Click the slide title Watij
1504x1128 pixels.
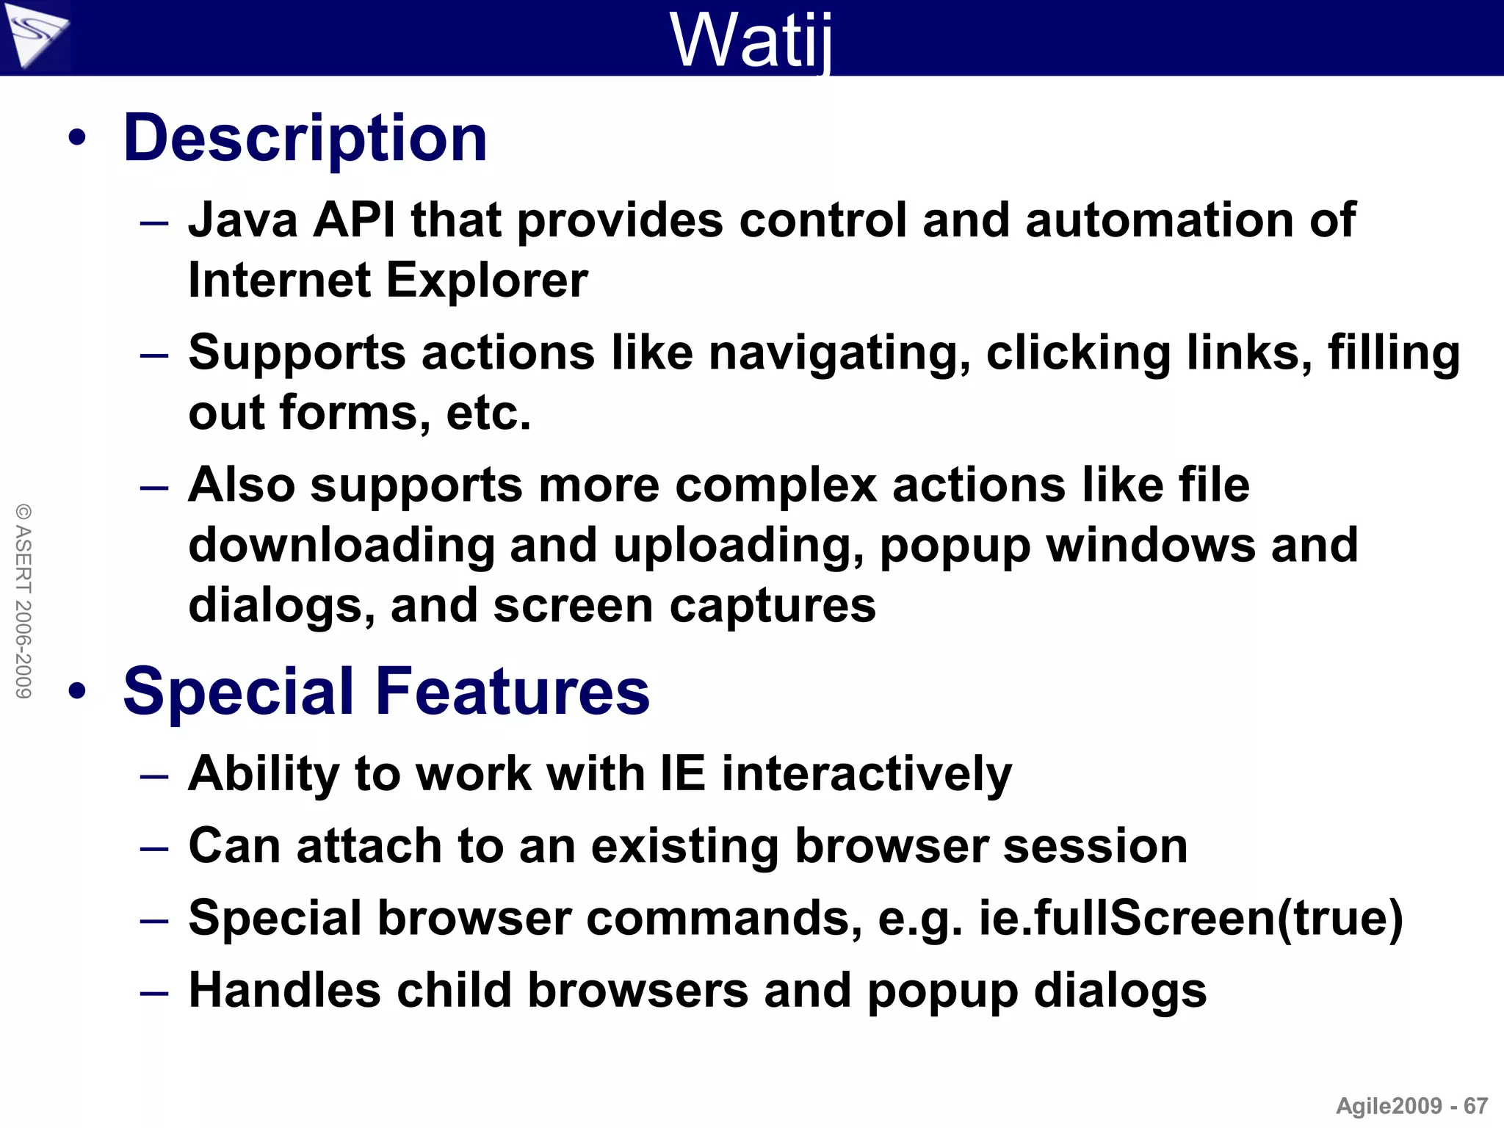[751, 40]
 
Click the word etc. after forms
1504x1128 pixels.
[488, 413]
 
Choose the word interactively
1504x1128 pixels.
[867, 774]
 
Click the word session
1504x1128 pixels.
[1095, 846]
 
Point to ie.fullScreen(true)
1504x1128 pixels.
[1190, 918]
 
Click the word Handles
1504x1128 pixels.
[284, 990]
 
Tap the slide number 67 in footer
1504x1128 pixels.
[1475, 1106]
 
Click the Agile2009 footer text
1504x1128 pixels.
[1389, 1106]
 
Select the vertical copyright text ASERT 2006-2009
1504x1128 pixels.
[23, 601]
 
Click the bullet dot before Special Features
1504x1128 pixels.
[77, 691]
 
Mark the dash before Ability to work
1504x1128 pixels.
[154, 776]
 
